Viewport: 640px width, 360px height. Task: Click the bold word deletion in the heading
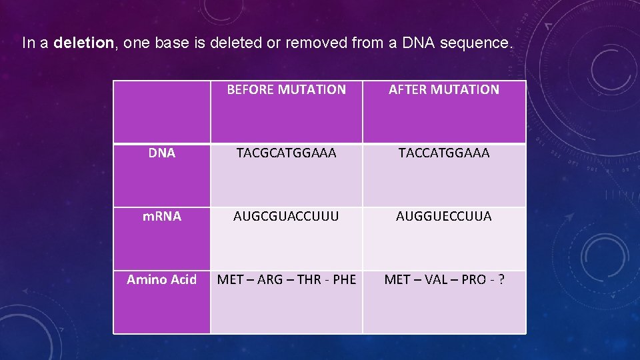tap(84, 44)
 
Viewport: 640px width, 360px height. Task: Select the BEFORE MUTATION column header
tap(287, 89)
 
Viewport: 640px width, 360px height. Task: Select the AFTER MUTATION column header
tap(444, 89)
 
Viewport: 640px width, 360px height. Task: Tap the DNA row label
tap(162, 153)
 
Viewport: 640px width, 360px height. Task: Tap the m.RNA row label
tap(162, 216)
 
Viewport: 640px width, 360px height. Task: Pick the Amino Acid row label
tap(162, 280)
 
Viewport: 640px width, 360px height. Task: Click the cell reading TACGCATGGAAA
tap(287, 153)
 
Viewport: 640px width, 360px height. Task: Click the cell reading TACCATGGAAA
tap(444, 153)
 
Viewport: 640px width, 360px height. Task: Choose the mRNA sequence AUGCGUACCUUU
tap(287, 217)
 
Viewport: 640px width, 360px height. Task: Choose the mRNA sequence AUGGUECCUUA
tap(444, 217)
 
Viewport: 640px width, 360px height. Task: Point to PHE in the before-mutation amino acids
tap(344, 280)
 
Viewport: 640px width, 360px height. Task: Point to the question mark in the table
tap(500, 280)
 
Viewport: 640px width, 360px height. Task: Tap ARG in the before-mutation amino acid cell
tap(270, 280)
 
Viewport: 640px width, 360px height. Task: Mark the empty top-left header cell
tap(162, 112)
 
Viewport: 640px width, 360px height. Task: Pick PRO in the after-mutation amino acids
tap(473, 280)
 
